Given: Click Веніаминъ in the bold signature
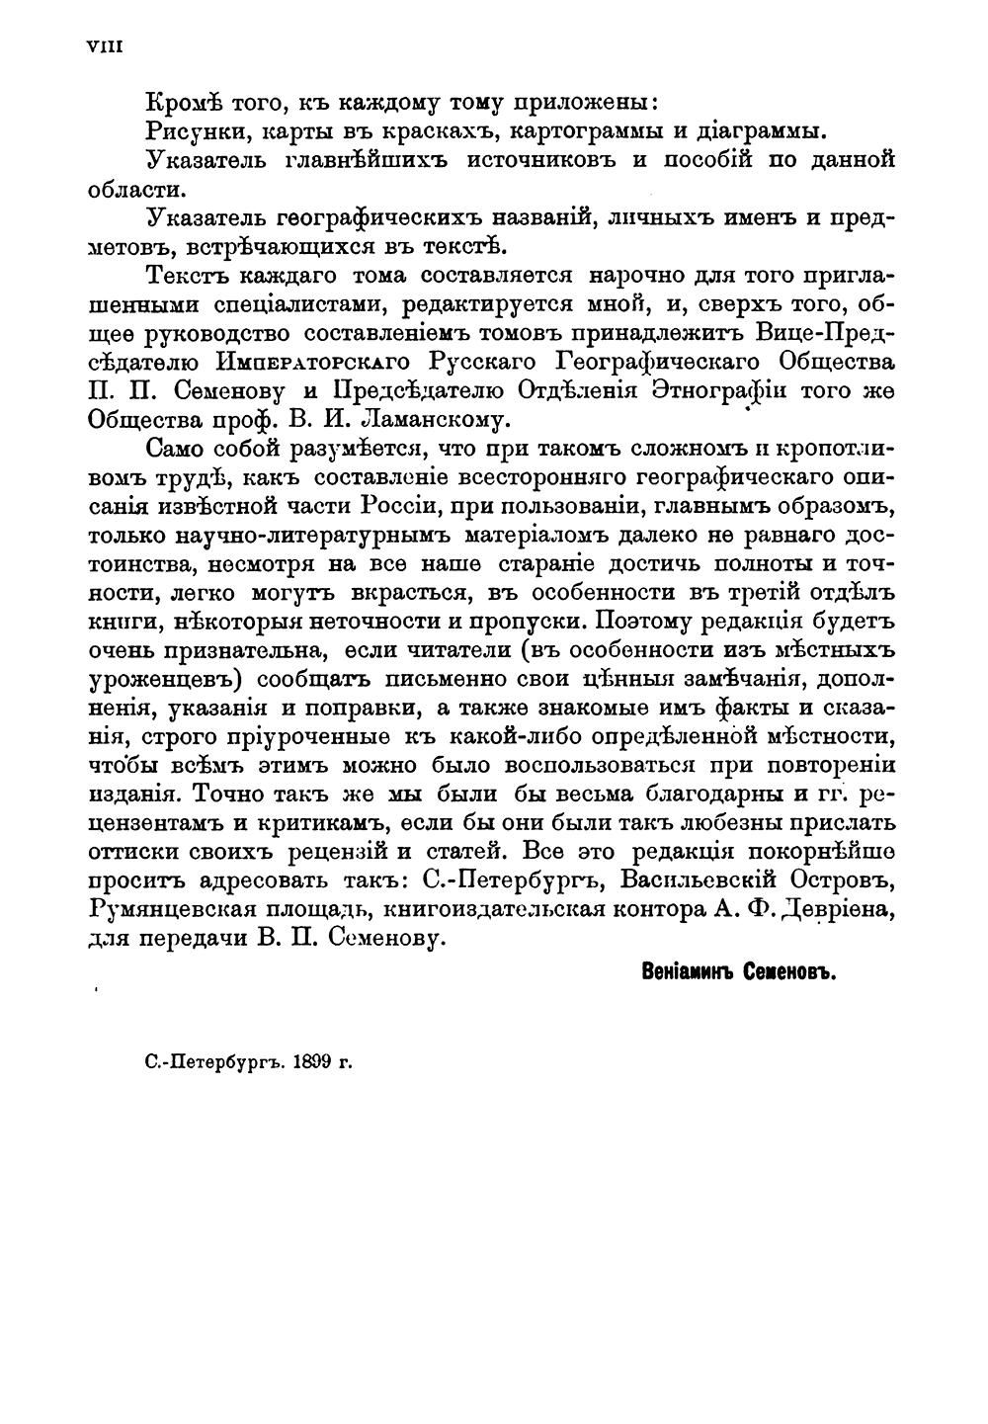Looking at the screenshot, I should point(687,971).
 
